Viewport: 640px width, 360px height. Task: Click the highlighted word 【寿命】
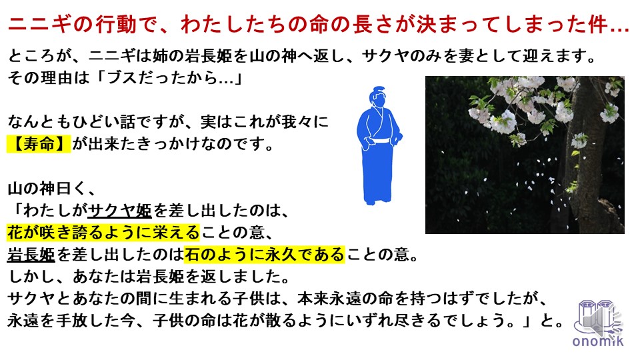point(39,144)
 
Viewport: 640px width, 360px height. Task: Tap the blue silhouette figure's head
point(377,97)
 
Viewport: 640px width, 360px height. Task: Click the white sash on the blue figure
point(378,141)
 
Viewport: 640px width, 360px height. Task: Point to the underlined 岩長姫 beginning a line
point(31,255)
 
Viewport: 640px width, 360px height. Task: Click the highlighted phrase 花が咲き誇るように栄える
point(103,232)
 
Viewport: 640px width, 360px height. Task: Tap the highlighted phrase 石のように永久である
point(265,255)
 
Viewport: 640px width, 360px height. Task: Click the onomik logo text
point(598,341)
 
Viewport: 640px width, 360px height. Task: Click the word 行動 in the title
point(116,25)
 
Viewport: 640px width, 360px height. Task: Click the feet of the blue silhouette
point(378,200)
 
